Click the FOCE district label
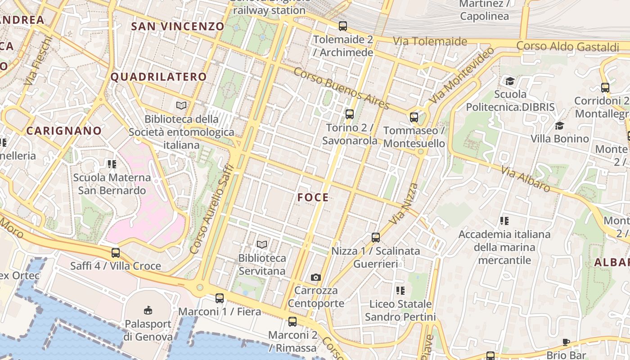point(313,197)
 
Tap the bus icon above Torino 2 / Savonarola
point(349,114)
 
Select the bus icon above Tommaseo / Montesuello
point(414,117)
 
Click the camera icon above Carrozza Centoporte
point(316,277)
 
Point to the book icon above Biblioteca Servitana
point(262,244)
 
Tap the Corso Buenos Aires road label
point(342,89)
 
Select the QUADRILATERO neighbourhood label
point(158,77)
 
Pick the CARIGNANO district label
point(64,131)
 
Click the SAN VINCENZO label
point(177,26)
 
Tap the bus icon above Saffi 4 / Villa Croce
point(116,252)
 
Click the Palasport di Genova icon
point(148,310)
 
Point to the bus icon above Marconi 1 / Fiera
point(220,298)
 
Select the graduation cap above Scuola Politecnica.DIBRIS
point(510,81)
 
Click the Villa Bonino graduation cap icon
point(559,126)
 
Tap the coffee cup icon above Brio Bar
point(566,342)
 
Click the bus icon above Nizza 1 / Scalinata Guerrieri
point(376,237)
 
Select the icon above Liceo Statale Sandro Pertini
point(400,291)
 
